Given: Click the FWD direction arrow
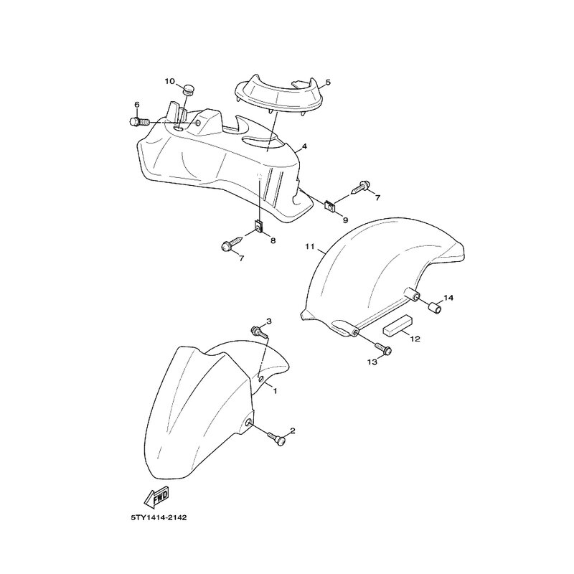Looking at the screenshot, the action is tap(156, 497).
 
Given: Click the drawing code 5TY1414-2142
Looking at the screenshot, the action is tap(159, 517).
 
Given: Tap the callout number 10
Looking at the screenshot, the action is tap(170, 81).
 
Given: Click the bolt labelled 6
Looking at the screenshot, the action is tap(139, 121).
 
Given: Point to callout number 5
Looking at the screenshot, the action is tap(328, 82).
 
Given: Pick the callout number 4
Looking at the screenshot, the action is tap(304, 147).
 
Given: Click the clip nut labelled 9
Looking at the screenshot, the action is tap(330, 206).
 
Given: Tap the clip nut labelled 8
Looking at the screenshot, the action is tap(259, 226).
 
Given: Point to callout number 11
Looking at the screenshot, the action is tap(310, 247).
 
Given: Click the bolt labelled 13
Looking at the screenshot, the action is tap(383, 347).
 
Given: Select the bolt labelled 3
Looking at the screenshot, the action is tap(259, 332).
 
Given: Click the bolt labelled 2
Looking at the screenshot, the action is tap(277, 439).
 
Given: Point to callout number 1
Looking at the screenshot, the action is tap(275, 391).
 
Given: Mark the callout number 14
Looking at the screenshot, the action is tap(448, 298).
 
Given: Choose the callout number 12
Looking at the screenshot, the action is tap(415, 339).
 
